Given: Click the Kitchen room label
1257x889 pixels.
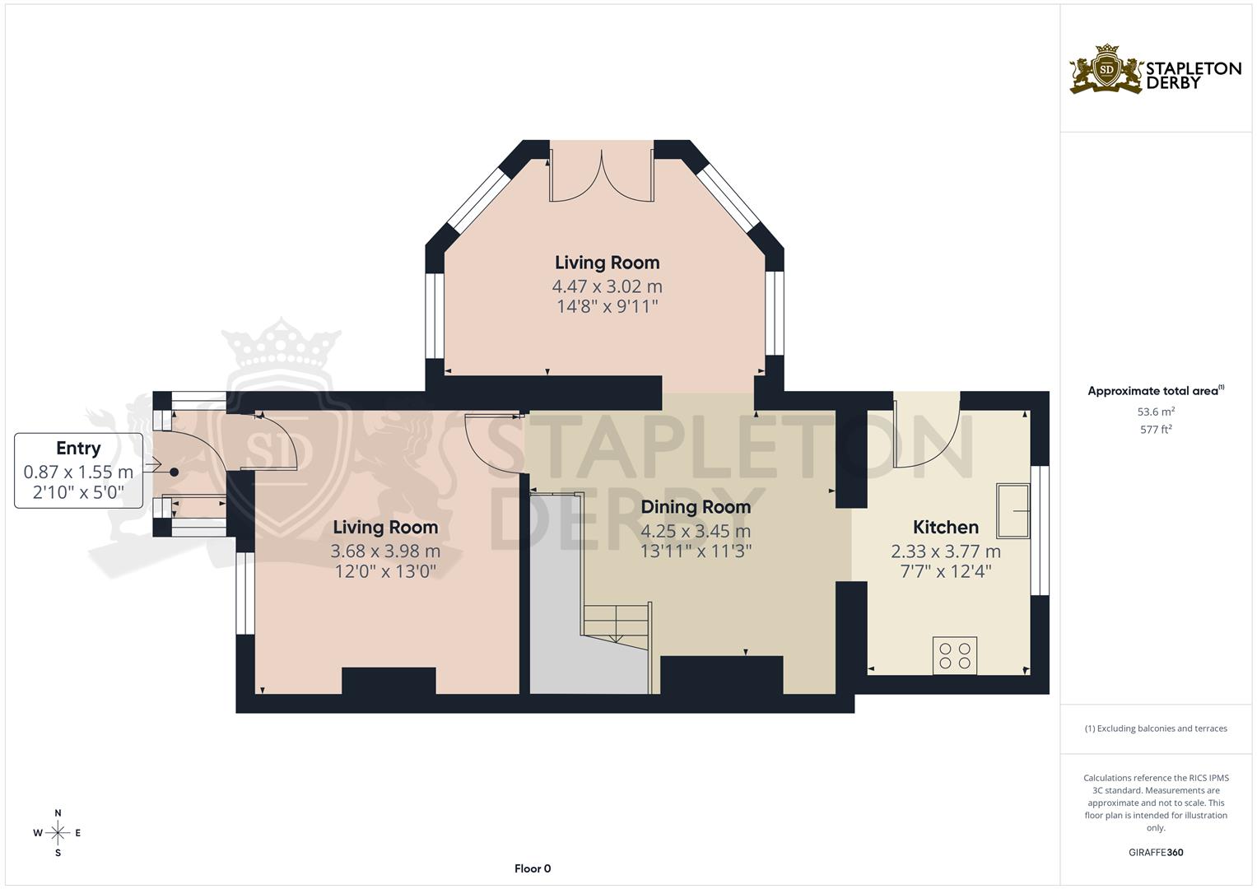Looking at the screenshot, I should point(945,527).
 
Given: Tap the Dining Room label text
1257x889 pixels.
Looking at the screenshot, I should point(696,506).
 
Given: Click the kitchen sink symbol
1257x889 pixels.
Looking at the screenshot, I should point(1013,511).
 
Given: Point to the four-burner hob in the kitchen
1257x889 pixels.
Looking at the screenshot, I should point(954,655).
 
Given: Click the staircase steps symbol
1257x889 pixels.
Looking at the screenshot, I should point(617,621).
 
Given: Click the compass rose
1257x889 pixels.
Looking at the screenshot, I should point(58,833).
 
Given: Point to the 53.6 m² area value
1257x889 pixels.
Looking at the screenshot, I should point(1155,412).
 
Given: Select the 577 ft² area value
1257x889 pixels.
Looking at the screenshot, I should point(1155,430).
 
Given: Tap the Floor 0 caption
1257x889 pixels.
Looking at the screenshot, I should point(533,868).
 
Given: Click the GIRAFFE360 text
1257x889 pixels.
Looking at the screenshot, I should point(1155,853).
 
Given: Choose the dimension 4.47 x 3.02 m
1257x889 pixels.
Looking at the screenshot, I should point(607,286).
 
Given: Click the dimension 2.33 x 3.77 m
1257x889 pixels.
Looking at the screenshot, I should point(945,552).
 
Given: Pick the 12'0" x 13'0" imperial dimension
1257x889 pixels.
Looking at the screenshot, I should point(385,571).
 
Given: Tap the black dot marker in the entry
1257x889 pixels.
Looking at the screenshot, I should point(174,472).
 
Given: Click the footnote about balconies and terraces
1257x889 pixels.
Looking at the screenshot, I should point(1155,728).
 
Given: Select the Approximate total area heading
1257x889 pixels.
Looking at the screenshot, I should point(1155,391).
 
